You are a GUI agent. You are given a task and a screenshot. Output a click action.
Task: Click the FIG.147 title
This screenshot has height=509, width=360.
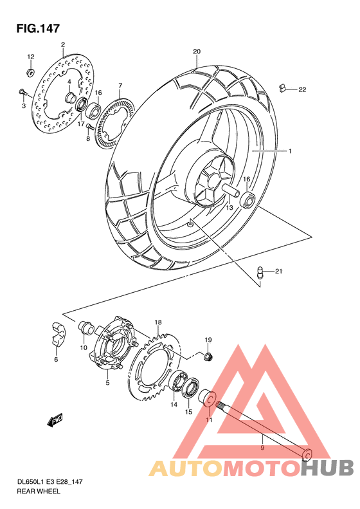pyautogui.click(x=33, y=28)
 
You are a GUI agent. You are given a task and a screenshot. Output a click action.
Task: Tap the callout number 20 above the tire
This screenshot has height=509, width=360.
pyautogui.click(x=197, y=51)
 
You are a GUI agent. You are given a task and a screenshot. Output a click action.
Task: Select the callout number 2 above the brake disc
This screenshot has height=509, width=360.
pyautogui.click(x=63, y=44)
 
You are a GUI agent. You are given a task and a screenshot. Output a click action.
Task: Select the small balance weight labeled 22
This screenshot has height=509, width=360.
pyautogui.click(x=282, y=88)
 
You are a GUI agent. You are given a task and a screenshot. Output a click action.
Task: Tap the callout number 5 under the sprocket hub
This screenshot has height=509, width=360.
pyautogui.click(x=107, y=383)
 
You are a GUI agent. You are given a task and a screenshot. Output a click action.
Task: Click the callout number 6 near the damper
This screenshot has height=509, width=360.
pyautogui.click(x=56, y=359)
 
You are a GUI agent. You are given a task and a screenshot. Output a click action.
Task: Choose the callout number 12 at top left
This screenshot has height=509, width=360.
pyautogui.click(x=30, y=57)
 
